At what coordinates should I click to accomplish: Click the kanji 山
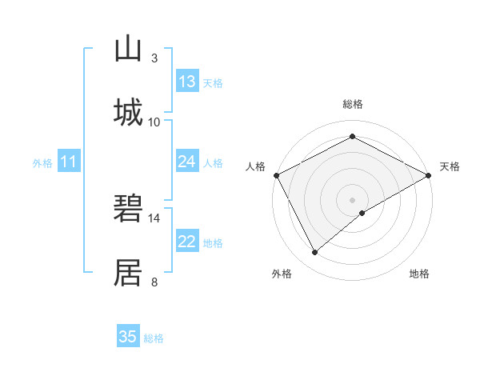(128, 49)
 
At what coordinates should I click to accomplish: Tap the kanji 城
(128, 112)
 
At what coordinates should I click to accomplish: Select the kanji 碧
(128, 209)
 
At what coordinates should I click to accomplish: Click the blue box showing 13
(187, 82)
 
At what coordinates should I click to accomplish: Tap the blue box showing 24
(187, 162)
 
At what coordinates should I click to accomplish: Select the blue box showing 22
(187, 242)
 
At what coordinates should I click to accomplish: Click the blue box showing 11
(68, 162)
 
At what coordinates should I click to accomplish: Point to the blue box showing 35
(128, 337)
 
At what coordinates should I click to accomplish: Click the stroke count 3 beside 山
(154, 58)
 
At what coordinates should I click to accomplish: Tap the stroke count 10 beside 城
(154, 122)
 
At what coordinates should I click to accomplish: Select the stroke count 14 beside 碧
(154, 218)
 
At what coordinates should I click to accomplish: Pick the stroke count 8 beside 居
(154, 282)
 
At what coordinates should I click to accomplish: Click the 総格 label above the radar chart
(353, 104)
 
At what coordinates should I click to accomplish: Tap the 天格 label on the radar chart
(450, 166)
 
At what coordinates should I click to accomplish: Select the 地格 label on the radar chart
(419, 274)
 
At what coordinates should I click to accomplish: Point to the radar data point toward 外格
(315, 253)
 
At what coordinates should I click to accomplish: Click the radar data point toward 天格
(429, 175)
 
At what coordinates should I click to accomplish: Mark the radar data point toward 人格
(276, 175)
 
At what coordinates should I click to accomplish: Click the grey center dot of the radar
(353, 199)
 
